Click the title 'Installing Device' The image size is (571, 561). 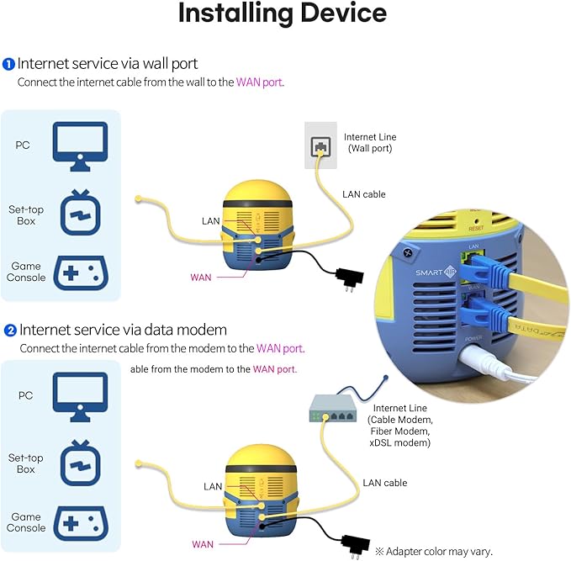coord(283,14)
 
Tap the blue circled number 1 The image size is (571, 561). coord(8,64)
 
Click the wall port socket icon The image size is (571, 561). coord(320,146)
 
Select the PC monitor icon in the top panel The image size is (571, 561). coord(80,141)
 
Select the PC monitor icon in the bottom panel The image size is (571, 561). coord(80,394)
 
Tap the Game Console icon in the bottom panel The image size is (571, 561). coord(80,522)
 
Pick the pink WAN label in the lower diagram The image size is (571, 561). coord(203,544)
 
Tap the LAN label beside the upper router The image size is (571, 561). coord(212,221)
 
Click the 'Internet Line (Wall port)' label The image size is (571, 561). coord(369,142)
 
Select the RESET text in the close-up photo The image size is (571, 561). coord(475,227)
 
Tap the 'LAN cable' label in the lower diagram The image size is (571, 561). coord(384,483)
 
